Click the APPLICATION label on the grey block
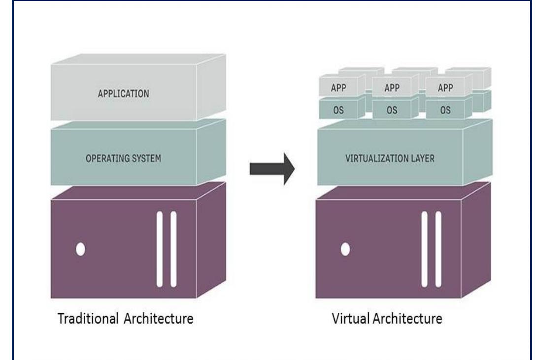click(x=124, y=94)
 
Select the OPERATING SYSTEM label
click(x=124, y=159)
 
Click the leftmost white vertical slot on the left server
click(x=159, y=249)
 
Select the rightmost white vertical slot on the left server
click(x=173, y=249)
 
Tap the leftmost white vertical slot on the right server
click(x=424, y=249)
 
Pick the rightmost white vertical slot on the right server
click(x=438, y=249)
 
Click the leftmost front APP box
click(x=338, y=88)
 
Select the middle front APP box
click(x=392, y=88)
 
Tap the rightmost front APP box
click(x=445, y=88)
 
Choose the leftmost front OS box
click(x=338, y=110)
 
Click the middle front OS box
click(x=392, y=110)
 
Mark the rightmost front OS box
click(x=445, y=110)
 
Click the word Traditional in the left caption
click(x=86, y=319)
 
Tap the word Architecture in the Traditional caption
click(x=156, y=319)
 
